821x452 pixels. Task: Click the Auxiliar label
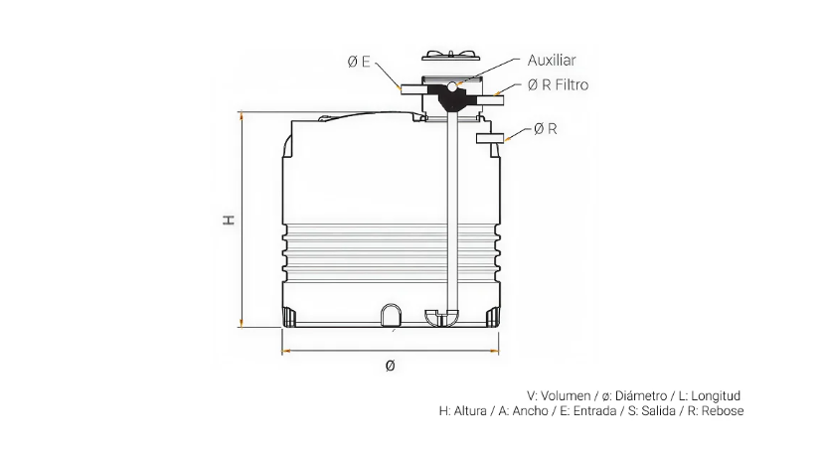pos(552,61)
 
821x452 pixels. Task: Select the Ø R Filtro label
pos(559,84)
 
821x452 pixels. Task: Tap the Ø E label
pos(359,62)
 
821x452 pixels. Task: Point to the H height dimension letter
pos(229,220)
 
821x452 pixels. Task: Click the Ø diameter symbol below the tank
pos(390,366)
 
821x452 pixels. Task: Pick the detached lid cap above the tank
pos(451,55)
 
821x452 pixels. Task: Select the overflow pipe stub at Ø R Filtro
pos(490,100)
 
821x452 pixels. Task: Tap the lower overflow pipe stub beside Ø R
pos(490,138)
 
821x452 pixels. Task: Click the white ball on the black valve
pos(451,85)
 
